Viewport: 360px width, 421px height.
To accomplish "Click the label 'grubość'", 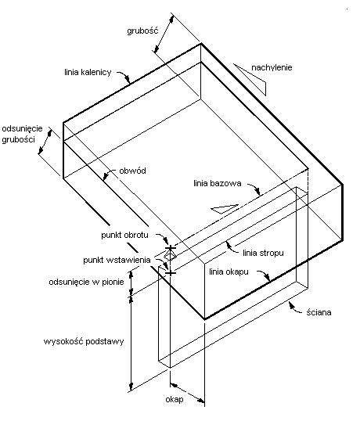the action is [142, 31].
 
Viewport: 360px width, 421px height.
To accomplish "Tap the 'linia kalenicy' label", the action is [88, 72].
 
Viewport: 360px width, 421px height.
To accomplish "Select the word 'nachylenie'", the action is [272, 67].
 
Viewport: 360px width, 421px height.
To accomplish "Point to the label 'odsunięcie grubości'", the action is [22, 134].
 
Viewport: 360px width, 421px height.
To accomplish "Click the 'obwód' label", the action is [132, 171].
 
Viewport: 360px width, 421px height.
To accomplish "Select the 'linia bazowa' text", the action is [218, 183].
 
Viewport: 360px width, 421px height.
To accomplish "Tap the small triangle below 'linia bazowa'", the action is [225, 209].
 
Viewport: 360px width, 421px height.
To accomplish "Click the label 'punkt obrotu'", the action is [124, 235].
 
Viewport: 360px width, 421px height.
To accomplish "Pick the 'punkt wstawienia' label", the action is [117, 260].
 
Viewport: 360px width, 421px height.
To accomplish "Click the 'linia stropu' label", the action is [263, 253].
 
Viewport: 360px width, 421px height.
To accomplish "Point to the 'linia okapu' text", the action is [229, 272].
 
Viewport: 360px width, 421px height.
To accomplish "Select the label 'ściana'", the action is [319, 312].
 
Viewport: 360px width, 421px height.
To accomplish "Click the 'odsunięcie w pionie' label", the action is [86, 282].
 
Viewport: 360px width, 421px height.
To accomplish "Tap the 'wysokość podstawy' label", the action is [84, 341].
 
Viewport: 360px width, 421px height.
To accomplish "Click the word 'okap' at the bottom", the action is [175, 400].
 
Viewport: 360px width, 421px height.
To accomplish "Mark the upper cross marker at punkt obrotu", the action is [170, 247].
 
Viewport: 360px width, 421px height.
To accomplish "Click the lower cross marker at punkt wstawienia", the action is [170, 273].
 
